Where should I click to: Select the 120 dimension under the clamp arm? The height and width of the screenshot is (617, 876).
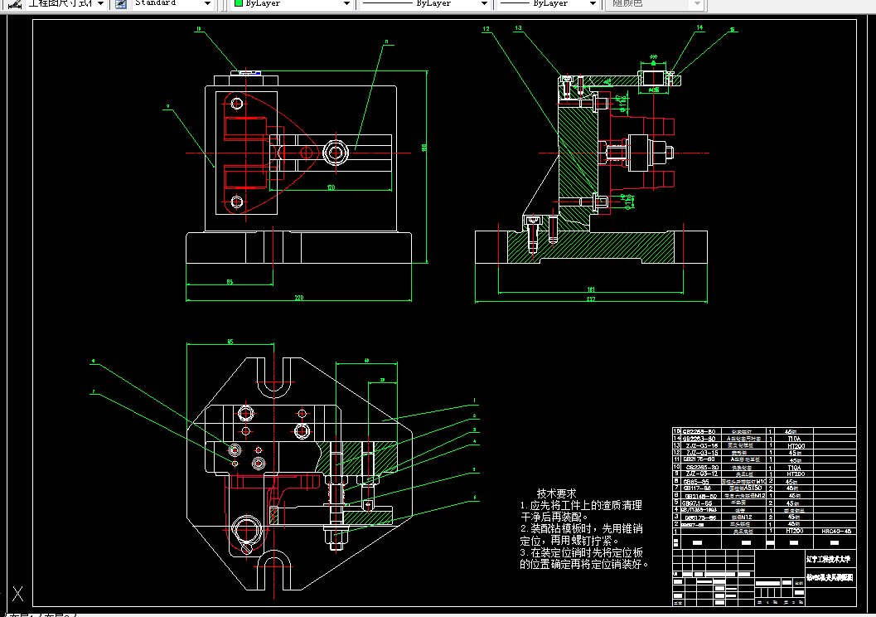tap(331, 187)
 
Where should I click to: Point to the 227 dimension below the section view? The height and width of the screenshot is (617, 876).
tap(591, 297)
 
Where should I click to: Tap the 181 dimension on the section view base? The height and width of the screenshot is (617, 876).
tap(590, 289)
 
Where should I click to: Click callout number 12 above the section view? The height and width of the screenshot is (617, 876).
tap(486, 29)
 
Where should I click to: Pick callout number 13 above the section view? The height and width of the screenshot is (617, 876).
tap(518, 28)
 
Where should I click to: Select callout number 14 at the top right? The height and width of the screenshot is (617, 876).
tap(699, 28)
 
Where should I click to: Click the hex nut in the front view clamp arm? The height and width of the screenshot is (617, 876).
tap(336, 152)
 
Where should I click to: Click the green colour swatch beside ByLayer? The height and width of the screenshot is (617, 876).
tap(239, 3)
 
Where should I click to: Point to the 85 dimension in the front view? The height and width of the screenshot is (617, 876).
tap(230, 282)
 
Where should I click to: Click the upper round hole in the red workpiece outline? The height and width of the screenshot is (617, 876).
tap(237, 104)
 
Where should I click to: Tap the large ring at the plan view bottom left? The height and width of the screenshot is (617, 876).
tap(247, 528)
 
